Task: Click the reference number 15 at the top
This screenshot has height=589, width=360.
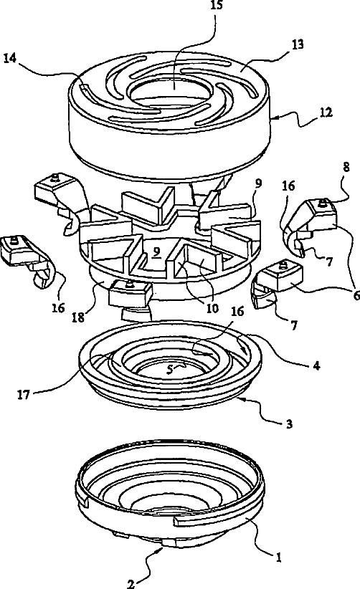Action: [217, 6]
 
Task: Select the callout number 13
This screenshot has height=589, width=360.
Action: [297, 44]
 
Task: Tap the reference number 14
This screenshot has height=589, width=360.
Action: [10, 59]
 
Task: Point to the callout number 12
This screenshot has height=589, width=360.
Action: [326, 112]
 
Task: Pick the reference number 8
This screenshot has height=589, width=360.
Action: [346, 167]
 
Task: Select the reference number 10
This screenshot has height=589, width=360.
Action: [212, 308]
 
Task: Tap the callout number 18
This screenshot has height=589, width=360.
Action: [78, 317]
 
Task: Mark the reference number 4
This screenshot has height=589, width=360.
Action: [316, 365]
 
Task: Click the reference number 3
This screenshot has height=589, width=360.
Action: [289, 424]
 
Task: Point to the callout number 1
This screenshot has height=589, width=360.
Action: [278, 557]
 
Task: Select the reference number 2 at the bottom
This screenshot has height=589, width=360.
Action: [131, 584]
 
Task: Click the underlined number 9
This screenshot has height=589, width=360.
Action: [156, 253]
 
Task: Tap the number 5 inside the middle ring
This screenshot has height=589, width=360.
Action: [170, 370]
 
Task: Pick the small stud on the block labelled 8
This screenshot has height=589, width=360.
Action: [322, 203]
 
